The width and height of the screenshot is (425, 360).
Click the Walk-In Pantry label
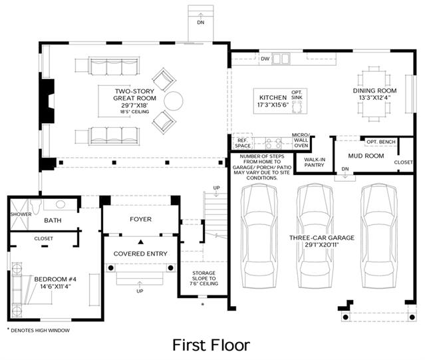click(x=315, y=162)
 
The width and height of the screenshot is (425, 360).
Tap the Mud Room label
click(x=366, y=156)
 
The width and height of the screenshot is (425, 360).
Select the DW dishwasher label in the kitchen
click(x=265, y=59)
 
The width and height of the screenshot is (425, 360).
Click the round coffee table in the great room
click(x=174, y=101)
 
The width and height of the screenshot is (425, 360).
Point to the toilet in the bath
click(x=35, y=206)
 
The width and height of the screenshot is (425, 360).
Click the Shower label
click(x=21, y=214)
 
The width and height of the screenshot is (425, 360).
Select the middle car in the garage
click(x=315, y=236)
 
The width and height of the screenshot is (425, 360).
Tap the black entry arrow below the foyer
click(x=141, y=242)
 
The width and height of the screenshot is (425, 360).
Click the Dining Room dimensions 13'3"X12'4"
click(x=374, y=98)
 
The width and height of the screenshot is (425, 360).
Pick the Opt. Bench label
click(x=381, y=142)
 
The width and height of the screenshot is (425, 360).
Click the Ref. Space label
click(x=243, y=143)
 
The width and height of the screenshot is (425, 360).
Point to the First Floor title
click(x=211, y=345)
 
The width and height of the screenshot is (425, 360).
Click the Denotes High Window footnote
click(x=38, y=330)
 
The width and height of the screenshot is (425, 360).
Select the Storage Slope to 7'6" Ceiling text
click(x=204, y=278)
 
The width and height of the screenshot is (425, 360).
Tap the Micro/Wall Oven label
click(x=301, y=140)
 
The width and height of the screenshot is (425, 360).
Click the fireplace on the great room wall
click(x=48, y=101)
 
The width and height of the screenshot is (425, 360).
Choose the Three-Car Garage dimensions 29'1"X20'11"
click(x=322, y=245)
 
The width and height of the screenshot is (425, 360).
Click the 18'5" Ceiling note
click(x=135, y=112)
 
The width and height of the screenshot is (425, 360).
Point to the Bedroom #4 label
click(x=55, y=279)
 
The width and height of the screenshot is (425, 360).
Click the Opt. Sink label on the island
click(x=297, y=95)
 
